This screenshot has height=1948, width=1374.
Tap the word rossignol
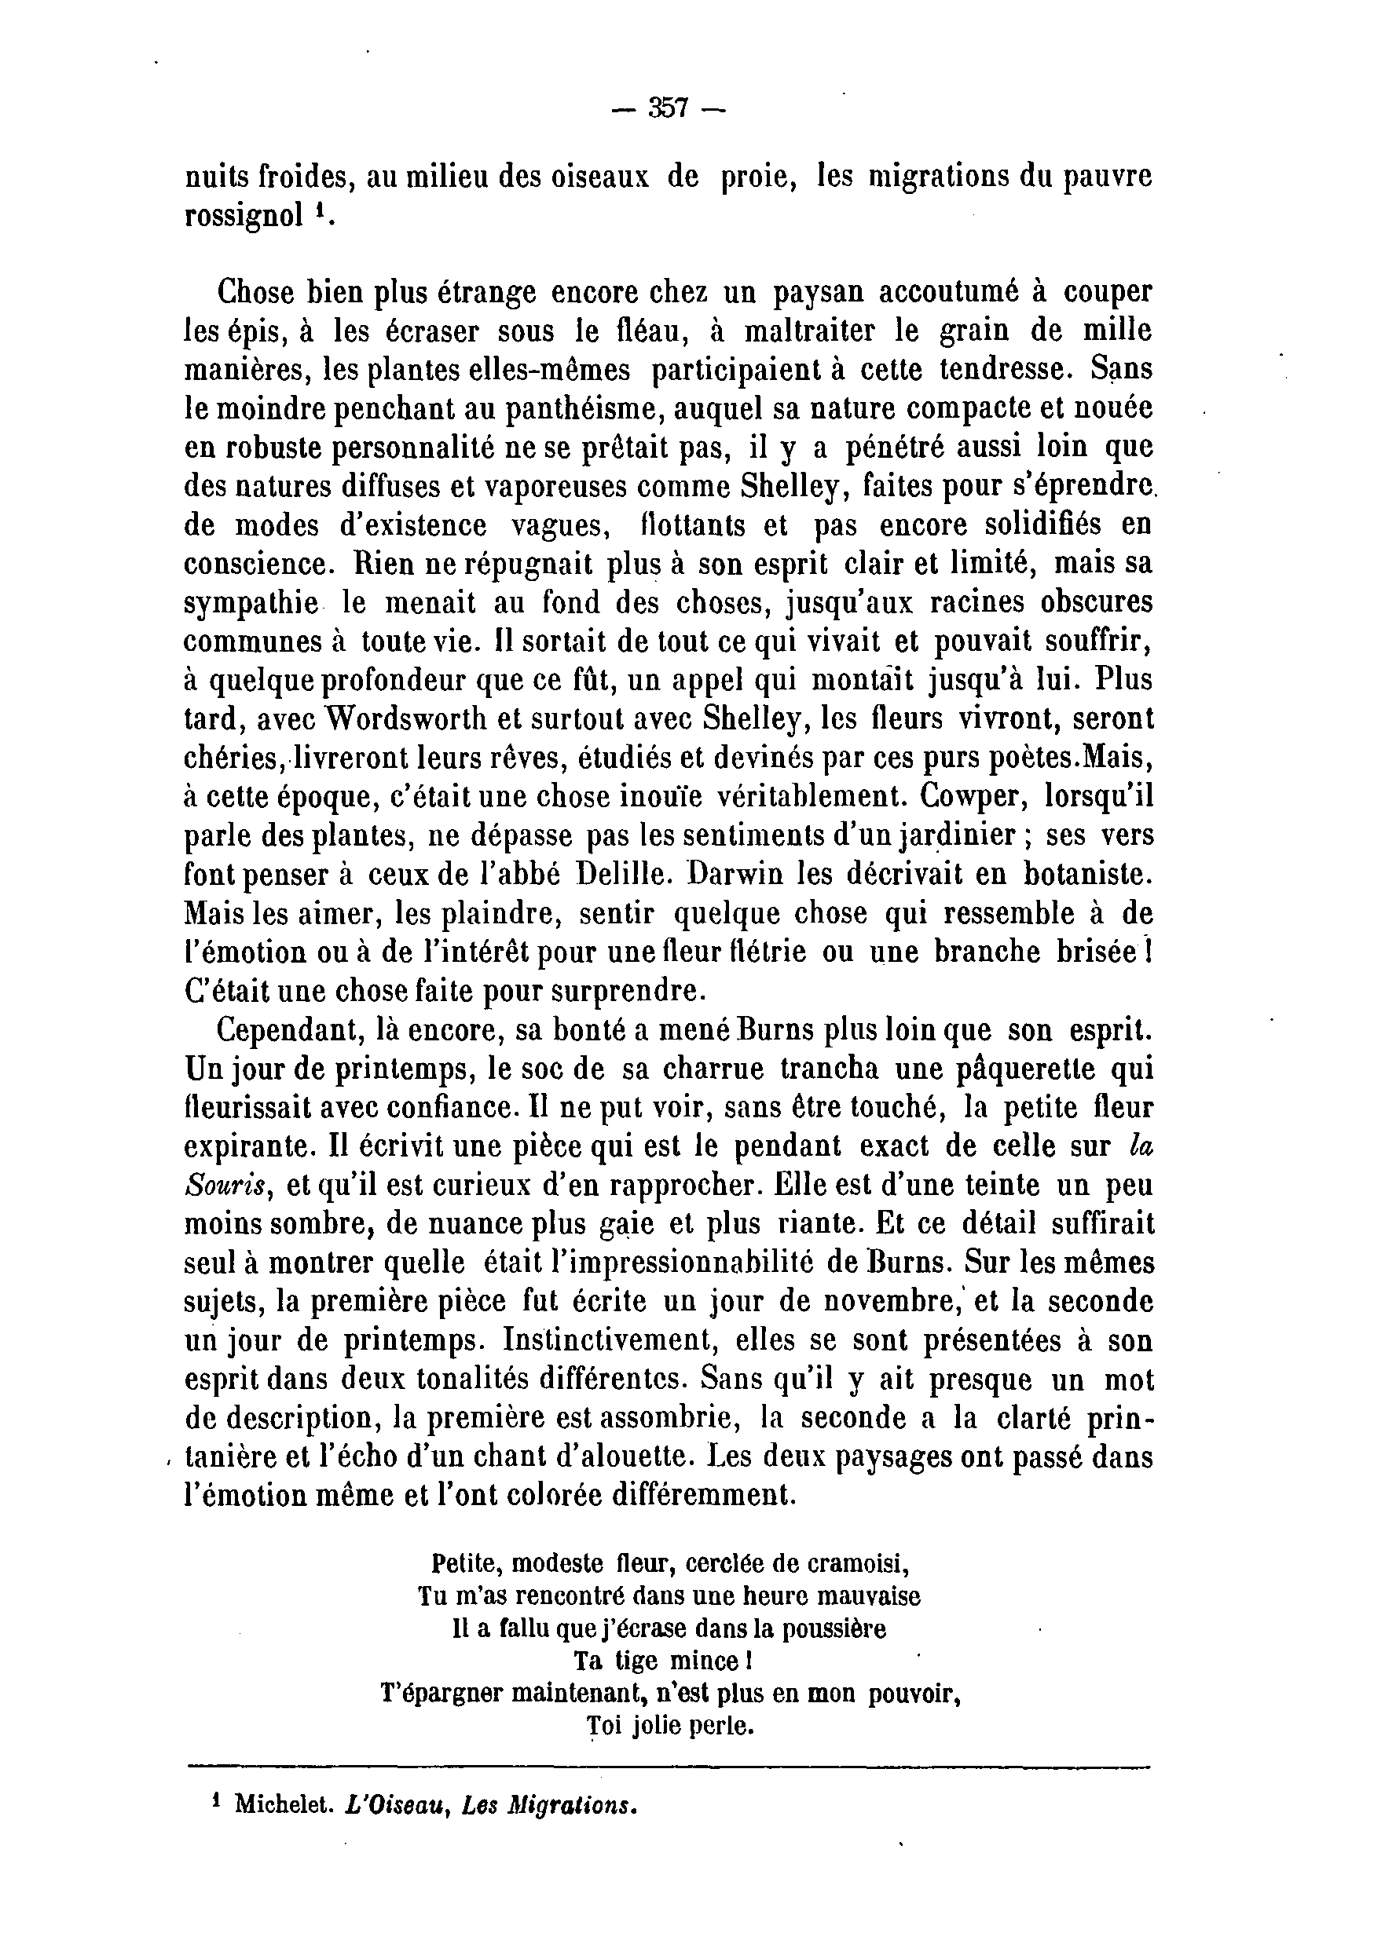[244, 217]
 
